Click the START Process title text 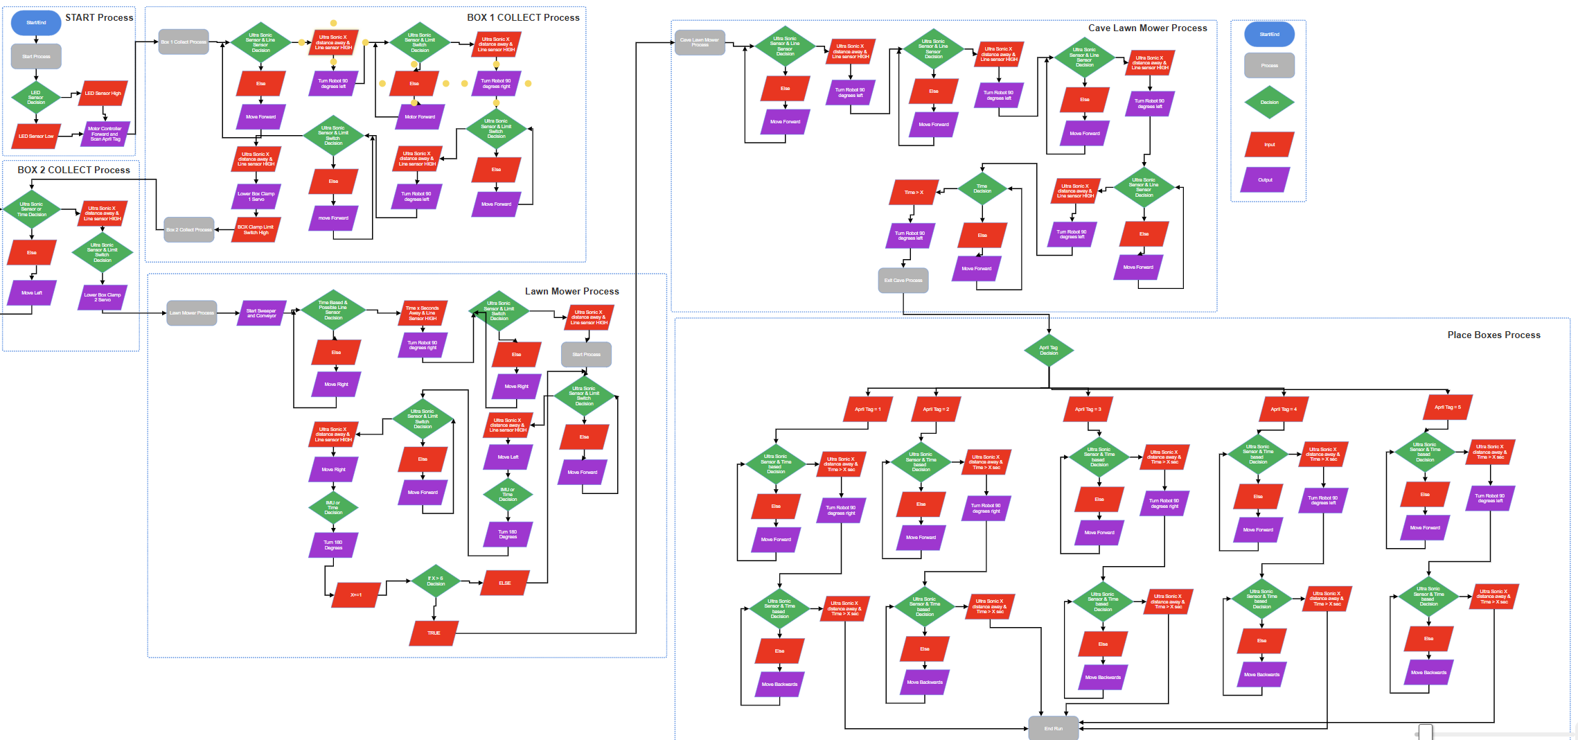pos(99,17)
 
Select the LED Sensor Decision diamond pos(36,97)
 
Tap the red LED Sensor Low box pos(36,136)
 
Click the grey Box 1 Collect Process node pos(184,42)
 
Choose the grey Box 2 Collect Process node pos(189,229)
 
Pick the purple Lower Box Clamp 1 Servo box pos(256,196)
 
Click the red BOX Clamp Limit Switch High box pos(256,229)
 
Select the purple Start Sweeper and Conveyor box pos(261,313)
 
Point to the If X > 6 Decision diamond pos(436,581)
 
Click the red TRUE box pos(434,633)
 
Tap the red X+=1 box pos(356,594)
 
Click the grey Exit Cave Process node pos(903,280)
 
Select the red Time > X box pos(914,192)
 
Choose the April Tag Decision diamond pos(1049,351)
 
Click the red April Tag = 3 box pos(1088,409)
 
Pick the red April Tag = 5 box pos(1448,407)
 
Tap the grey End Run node pos(1054,728)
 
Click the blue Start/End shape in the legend pos(1269,34)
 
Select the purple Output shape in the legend pos(1266,179)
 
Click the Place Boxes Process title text pos(1493,335)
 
